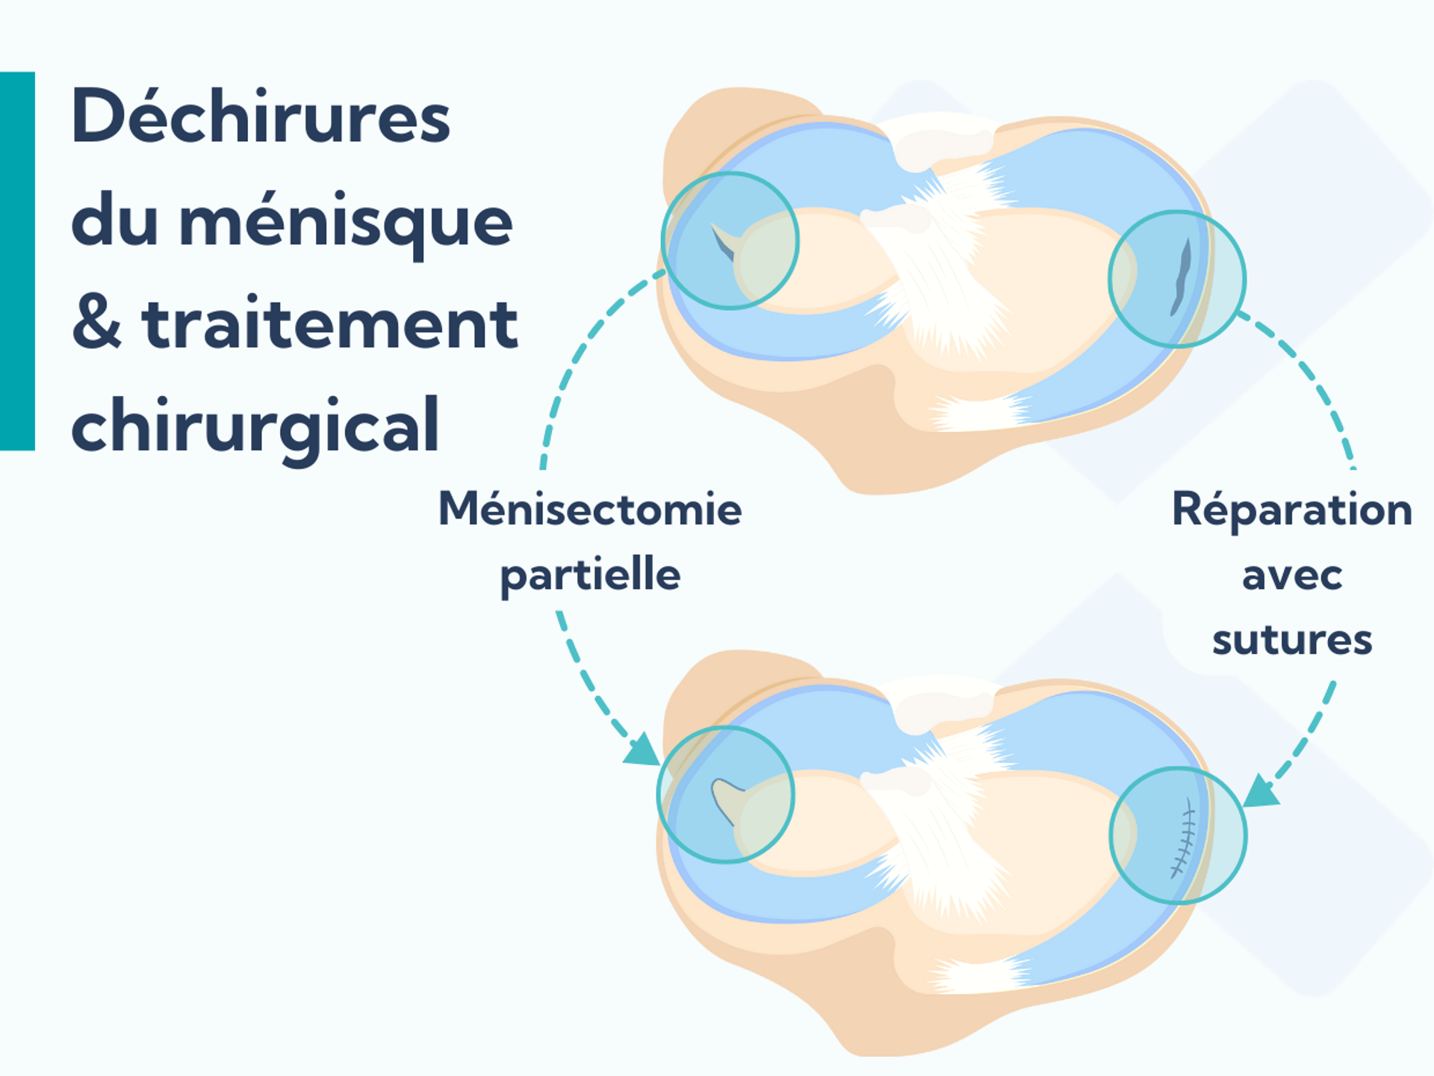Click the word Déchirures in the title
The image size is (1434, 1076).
pos(261,117)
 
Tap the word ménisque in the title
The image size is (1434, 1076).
pos(346,222)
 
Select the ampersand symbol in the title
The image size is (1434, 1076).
pos(96,324)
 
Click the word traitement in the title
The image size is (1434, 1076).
pos(329,324)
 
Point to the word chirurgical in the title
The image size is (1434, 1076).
pos(255,426)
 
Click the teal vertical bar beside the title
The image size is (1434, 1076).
pos(17,261)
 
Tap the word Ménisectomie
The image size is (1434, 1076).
pos(590,510)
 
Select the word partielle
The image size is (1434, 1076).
pos(590,575)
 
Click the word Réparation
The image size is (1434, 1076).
pos(1291,510)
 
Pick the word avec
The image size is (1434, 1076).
pos(1291,576)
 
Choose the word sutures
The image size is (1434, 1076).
pos(1291,640)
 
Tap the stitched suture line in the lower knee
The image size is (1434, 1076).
pos(1182,837)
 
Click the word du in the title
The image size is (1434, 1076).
pos(114,222)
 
